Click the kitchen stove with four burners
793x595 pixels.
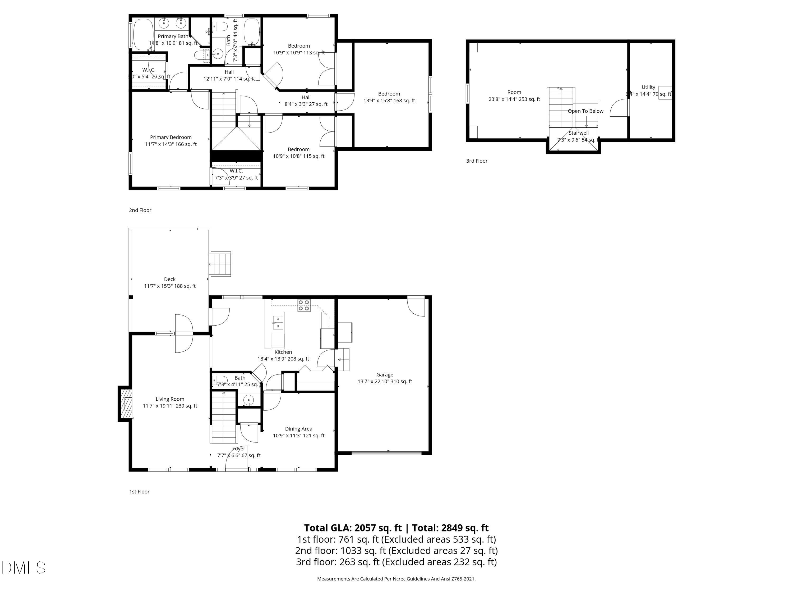click(x=303, y=305)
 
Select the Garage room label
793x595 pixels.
click(x=385, y=374)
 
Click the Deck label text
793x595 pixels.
click(x=170, y=279)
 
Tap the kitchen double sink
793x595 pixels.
click(x=278, y=322)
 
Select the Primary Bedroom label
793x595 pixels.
click(x=171, y=137)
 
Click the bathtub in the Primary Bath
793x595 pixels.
click(x=143, y=34)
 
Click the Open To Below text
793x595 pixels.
click(x=585, y=111)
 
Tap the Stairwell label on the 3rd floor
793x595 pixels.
click(x=578, y=133)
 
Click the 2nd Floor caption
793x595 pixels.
click(x=140, y=210)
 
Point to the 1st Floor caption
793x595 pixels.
click(x=139, y=492)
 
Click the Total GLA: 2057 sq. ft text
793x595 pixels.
click(x=353, y=528)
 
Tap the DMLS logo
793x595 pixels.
click(x=24, y=568)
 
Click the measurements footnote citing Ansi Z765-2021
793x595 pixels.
click(x=396, y=579)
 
